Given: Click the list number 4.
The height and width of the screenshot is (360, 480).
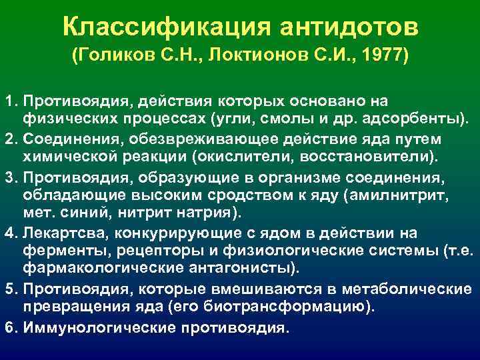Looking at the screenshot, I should pyautogui.click(x=9, y=233).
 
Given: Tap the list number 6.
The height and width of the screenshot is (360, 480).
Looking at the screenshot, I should pyautogui.click(x=9, y=329).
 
